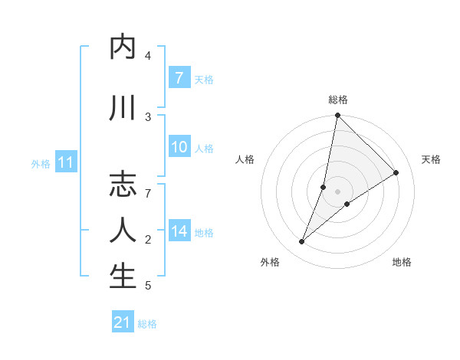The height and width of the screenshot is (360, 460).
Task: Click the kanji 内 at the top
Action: (123, 47)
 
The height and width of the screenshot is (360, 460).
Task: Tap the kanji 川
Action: (123, 108)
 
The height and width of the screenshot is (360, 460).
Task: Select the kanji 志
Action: (123, 185)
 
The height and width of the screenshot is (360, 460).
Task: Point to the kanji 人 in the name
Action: (123, 231)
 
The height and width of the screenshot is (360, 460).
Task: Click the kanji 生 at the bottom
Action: (123, 277)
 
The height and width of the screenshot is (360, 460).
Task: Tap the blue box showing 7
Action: (179, 78)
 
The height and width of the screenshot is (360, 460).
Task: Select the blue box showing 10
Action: (179, 147)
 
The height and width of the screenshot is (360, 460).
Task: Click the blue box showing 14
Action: (179, 231)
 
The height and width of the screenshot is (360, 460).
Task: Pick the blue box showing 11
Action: (65, 162)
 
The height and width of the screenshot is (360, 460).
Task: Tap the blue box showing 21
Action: (123, 322)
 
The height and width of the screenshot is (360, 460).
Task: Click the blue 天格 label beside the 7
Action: (204, 79)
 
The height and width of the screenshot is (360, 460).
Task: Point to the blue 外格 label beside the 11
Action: (41, 163)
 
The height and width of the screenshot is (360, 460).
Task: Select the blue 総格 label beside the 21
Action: (147, 323)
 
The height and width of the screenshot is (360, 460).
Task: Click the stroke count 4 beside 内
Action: (148, 55)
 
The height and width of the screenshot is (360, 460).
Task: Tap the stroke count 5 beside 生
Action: (148, 286)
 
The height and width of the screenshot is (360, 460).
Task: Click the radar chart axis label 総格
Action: (338, 100)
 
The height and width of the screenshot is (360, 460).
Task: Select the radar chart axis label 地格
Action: (402, 262)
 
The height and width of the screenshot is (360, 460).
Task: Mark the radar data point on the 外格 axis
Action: (302, 242)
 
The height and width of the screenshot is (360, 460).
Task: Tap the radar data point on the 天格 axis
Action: (396, 172)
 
